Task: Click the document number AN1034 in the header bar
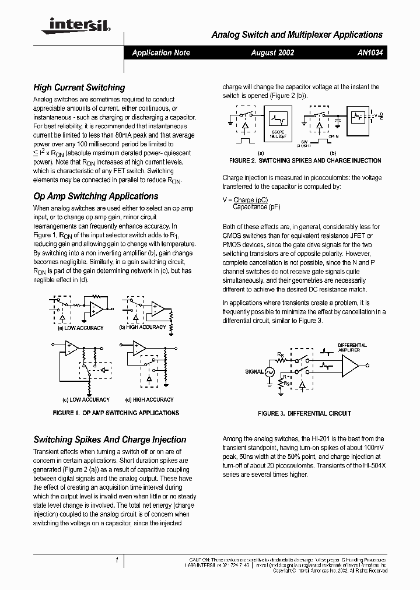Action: click(370, 52)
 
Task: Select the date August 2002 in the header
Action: click(272, 52)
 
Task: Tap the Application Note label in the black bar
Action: click(161, 52)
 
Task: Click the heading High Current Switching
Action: click(79, 87)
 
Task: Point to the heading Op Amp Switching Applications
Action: click(96, 196)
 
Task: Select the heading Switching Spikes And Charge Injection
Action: click(110, 440)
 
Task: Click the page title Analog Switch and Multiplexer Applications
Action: click(296, 35)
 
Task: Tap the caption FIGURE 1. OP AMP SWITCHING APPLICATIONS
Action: click(116, 413)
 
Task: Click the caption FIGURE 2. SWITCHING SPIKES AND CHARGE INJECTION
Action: click(305, 160)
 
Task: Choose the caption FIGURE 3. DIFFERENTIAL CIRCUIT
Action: click(304, 413)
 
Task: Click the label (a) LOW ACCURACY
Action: click(80, 328)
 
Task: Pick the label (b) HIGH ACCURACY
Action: click(142, 327)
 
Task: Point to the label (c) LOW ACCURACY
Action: click(86, 400)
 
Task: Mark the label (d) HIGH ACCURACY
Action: click(149, 400)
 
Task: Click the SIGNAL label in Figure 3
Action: click(254, 371)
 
